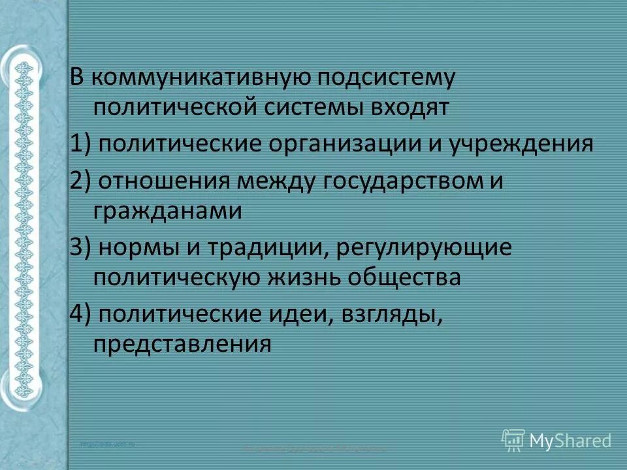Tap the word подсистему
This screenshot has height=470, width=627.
click(x=385, y=78)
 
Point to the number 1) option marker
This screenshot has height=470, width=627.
click(x=81, y=142)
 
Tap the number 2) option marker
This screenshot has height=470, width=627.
click(x=81, y=180)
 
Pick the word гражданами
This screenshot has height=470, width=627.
click(x=168, y=210)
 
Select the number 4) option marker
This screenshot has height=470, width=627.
click(x=81, y=313)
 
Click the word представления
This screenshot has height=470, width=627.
click(x=182, y=343)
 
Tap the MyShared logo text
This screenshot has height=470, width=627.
click(x=570, y=441)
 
